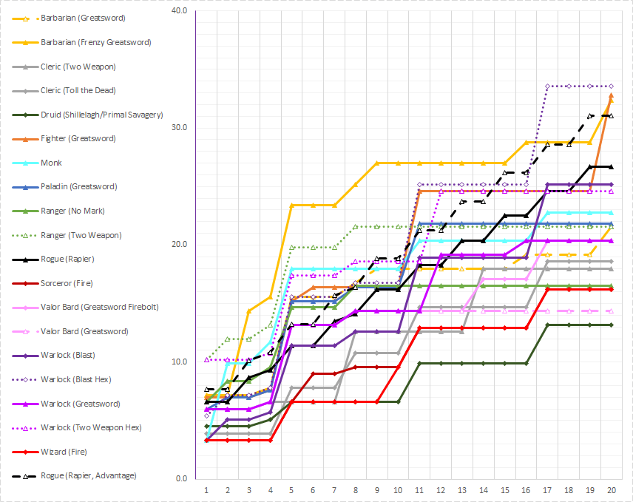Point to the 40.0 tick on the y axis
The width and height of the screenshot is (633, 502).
[x=178, y=10]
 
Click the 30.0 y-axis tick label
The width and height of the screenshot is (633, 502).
[x=178, y=127]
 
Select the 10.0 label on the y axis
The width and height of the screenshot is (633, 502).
[x=178, y=362]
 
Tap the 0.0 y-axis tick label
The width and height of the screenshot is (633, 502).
[x=180, y=478]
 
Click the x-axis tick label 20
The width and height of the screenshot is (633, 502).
[x=612, y=489]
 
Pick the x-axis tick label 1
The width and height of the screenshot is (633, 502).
[x=206, y=489]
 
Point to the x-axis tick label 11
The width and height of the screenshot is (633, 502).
[x=419, y=489]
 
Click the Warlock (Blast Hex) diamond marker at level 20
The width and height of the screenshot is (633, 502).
[x=612, y=86]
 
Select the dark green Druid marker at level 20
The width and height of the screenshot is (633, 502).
[x=612, y=325]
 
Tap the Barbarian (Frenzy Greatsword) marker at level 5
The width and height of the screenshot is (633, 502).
[x=291, y=205]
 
